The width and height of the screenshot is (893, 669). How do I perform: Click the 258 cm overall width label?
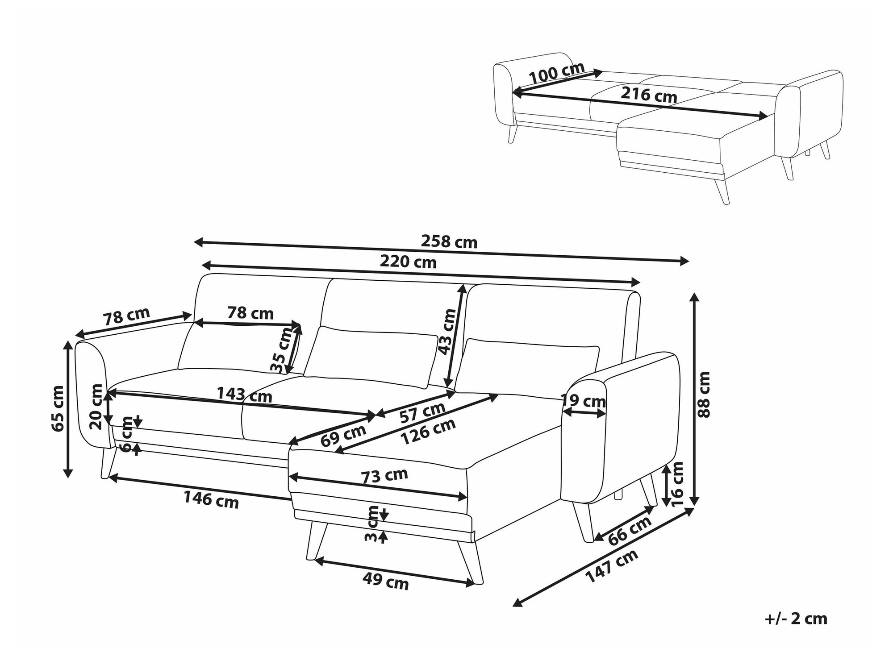449,242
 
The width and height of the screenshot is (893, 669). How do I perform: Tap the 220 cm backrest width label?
408,262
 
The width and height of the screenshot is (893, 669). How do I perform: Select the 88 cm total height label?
704,395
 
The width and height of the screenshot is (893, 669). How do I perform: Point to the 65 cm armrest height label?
58,408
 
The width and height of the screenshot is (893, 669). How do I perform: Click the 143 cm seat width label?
244,395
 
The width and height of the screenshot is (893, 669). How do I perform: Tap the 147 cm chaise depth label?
611,566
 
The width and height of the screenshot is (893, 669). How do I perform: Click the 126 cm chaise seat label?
428,432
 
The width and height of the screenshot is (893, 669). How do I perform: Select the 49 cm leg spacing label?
386,581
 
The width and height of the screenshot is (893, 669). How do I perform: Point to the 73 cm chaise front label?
384,476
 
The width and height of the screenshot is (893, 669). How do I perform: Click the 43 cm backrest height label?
448,332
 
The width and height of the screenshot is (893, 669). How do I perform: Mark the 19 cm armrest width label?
584,401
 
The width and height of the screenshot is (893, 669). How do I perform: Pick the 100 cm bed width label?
557,73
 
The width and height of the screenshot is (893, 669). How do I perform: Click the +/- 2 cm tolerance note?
796,619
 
